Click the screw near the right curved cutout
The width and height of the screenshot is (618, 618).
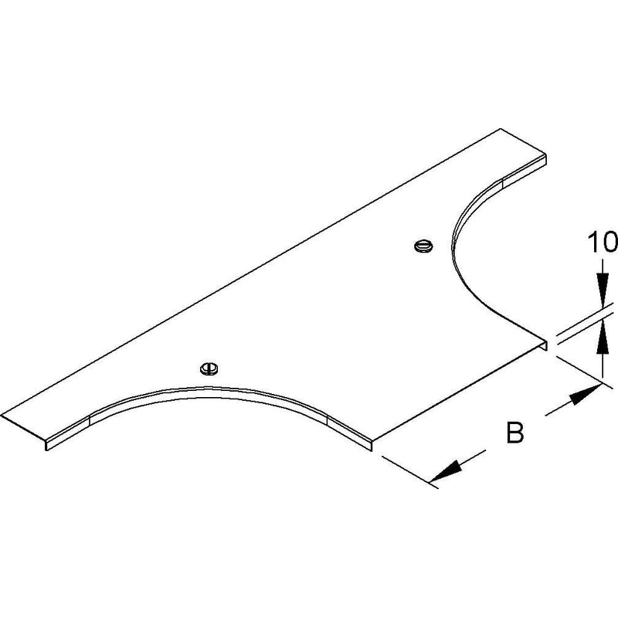(423, 246)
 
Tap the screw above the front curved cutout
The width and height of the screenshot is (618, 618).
(209, 368)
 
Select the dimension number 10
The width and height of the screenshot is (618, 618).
(603, 242)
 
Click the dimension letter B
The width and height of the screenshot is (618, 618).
(514, 433)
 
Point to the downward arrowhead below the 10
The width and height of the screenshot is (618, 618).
(602, 289)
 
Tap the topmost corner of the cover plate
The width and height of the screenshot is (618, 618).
(501, 129)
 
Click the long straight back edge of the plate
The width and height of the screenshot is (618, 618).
(250, 272)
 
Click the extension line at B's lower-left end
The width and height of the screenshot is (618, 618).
(410, 472)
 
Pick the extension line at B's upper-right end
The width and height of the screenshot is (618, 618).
(584, 372)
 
